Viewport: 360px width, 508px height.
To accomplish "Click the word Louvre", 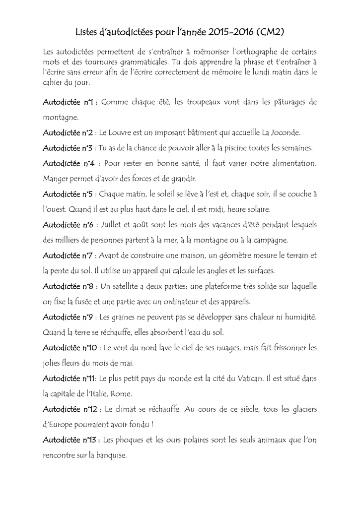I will pos(123,133).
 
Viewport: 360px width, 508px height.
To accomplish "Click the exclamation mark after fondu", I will pos(151,425).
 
